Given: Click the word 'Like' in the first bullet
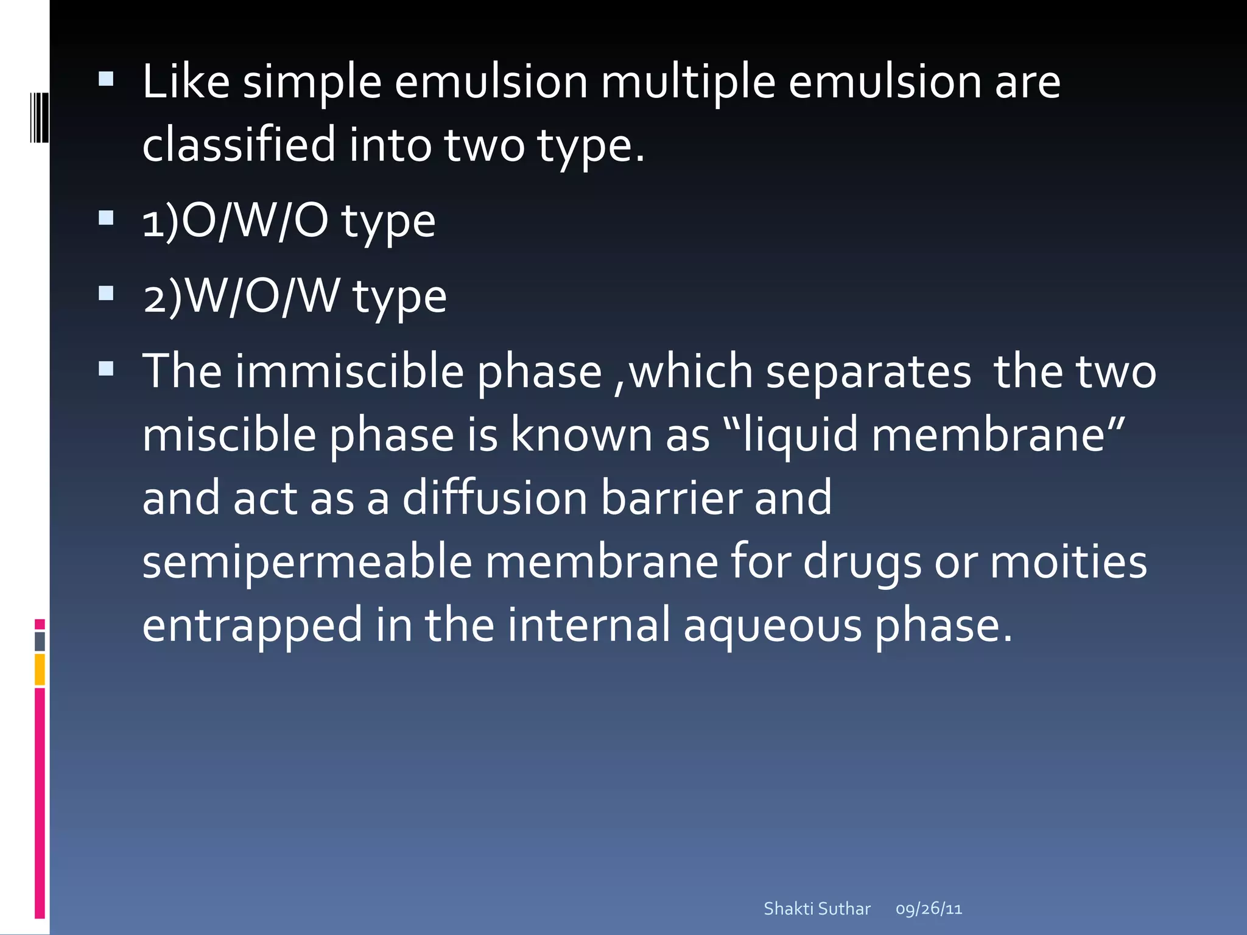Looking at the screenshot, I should pyautogui.click(x=186, y=82).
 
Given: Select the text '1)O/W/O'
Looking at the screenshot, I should pyautogui.click(x=235, y=220).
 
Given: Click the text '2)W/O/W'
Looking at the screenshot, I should pyautogui.click(x=241, y=296).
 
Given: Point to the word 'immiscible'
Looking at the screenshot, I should pyautogui.click(x=350, y=371).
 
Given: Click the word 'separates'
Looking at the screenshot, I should pyautogui.click(x=868, y=373).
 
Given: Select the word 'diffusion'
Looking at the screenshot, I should pyautogui.click(x=494, y=498).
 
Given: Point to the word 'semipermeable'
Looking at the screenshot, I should pyautogui.click(x=307, y=563).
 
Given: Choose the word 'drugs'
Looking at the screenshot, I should pyautogui.click(x=862, y=563).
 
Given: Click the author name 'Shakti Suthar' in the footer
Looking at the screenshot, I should pyautogui.click(x=817, y=909).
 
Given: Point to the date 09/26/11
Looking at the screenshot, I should pyautogui.click(x=929, y=909).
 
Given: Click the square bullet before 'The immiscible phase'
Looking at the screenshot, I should pyautogui.click(x=106, y=369).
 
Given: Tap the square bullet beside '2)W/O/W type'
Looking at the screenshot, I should pyautogui.click(x=106, y=293).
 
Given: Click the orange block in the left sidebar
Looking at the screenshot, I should pyautogui.click(x=40, y=669).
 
